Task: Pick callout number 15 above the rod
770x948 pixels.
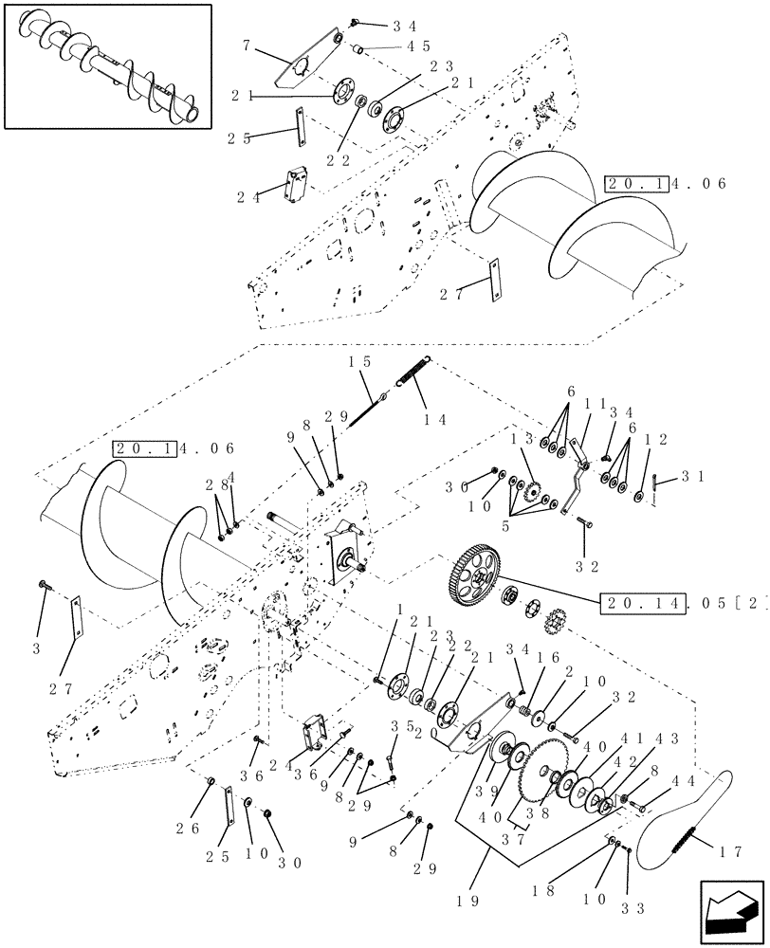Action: click(x=359, y=363)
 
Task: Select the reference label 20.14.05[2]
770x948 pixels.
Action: click(x=678, y=603)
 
